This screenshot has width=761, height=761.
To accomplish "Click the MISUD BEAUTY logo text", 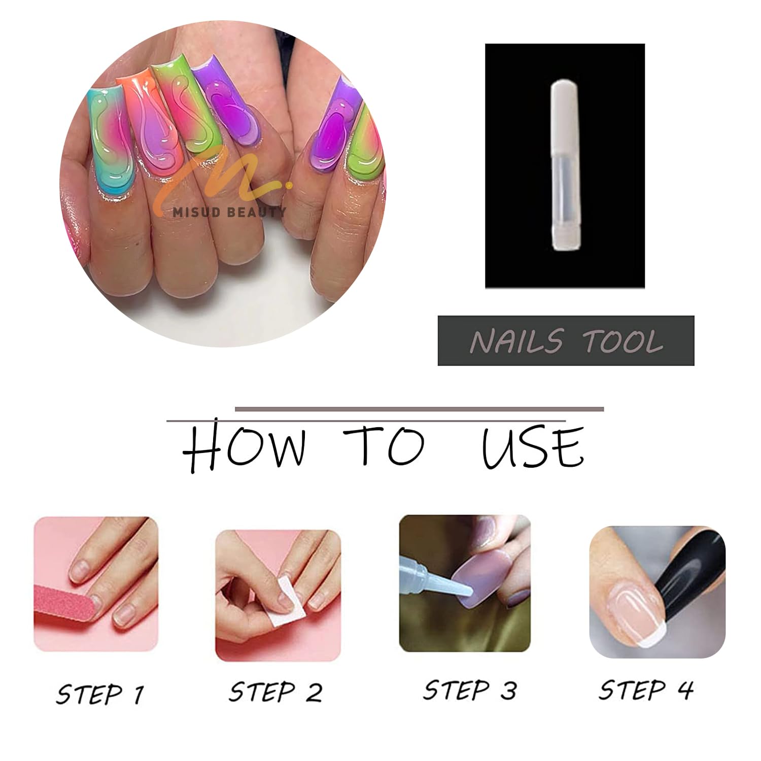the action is pos(229,212).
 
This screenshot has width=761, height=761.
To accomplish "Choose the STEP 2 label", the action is pos(275,691).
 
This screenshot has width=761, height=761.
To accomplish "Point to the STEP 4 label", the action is pos(645,689).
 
